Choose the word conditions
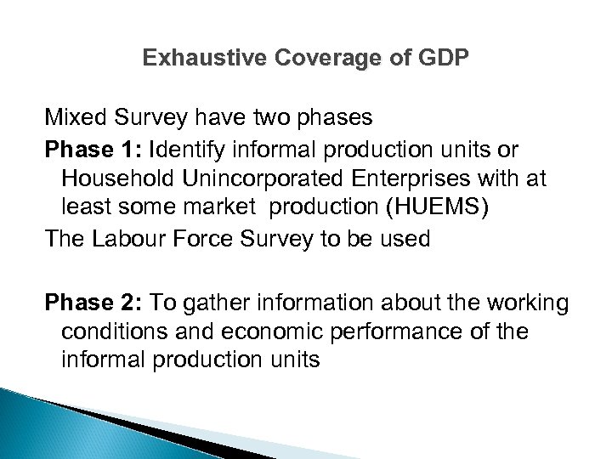coord(110,332)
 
